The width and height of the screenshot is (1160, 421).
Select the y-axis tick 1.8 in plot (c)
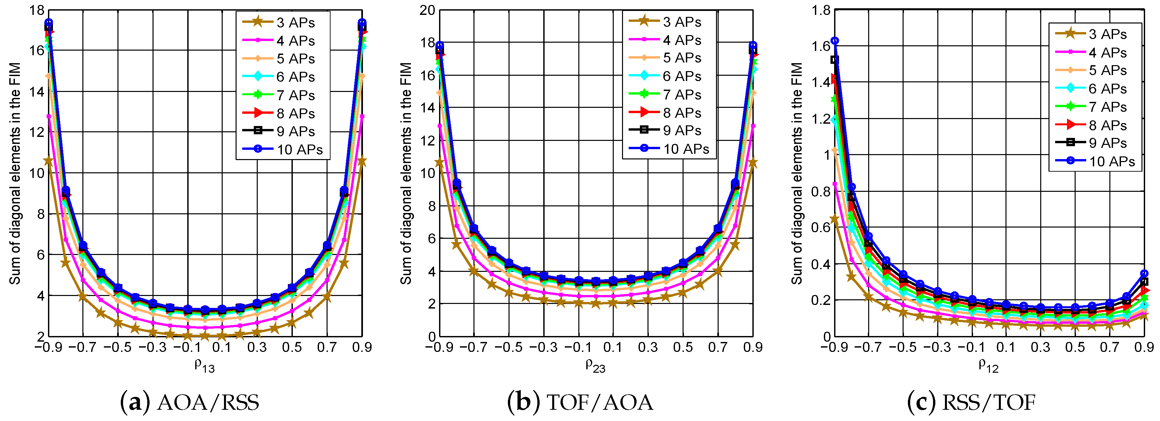click(x=821, y=10)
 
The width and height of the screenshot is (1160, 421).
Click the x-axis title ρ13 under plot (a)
click(x=204, y=365)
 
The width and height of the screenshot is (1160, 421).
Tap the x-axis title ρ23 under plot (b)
click(x=595, y=365)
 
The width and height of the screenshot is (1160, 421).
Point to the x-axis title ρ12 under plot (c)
click(x=988, y=365)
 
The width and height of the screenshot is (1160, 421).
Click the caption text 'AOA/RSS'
click(x=208, y=402)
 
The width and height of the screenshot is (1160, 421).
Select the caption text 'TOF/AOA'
click(x=600, y=402)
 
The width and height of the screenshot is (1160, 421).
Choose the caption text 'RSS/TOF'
click(x=989, y=402)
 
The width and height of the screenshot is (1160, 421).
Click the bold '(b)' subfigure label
click(x=523, y=402)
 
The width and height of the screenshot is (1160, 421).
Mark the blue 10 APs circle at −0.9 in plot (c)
click(x=834, y=41)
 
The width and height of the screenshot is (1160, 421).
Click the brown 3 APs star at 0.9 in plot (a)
click(x=362, y=161)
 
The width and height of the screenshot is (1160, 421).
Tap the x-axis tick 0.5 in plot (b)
click(x=683, y=347)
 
